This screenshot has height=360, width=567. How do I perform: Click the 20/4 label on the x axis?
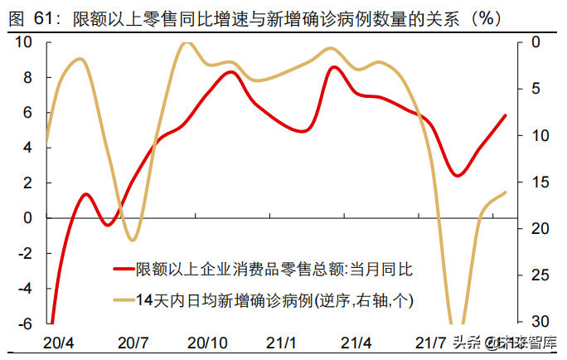(x=59, y=343)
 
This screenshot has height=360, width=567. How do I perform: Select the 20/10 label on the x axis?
(x=208, y=343)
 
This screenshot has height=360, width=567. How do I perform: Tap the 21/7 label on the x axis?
(x=431, y=343)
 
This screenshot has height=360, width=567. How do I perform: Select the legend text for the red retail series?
(x=274, y=269)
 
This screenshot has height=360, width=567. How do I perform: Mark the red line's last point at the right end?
(x=506, y=115)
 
